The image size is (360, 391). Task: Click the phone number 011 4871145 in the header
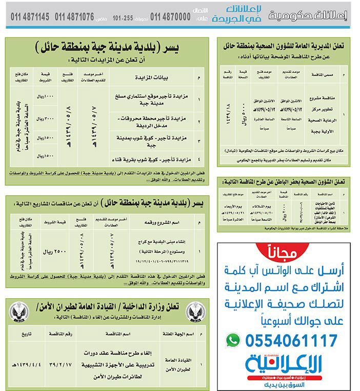[30, 17]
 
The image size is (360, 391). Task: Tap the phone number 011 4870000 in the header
[170, 17]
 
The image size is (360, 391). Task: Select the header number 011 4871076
[74, 17]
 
